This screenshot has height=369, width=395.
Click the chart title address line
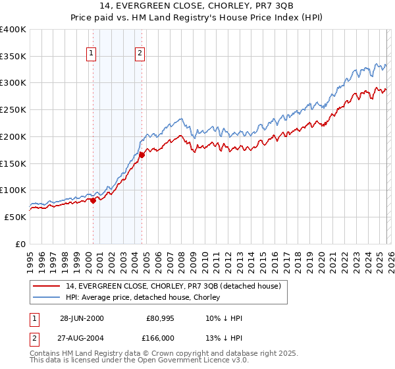197,6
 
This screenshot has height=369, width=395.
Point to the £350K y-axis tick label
13,56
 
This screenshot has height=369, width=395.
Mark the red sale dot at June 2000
93,200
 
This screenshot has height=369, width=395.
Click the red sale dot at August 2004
142,155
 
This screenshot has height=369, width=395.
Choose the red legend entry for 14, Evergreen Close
174,286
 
